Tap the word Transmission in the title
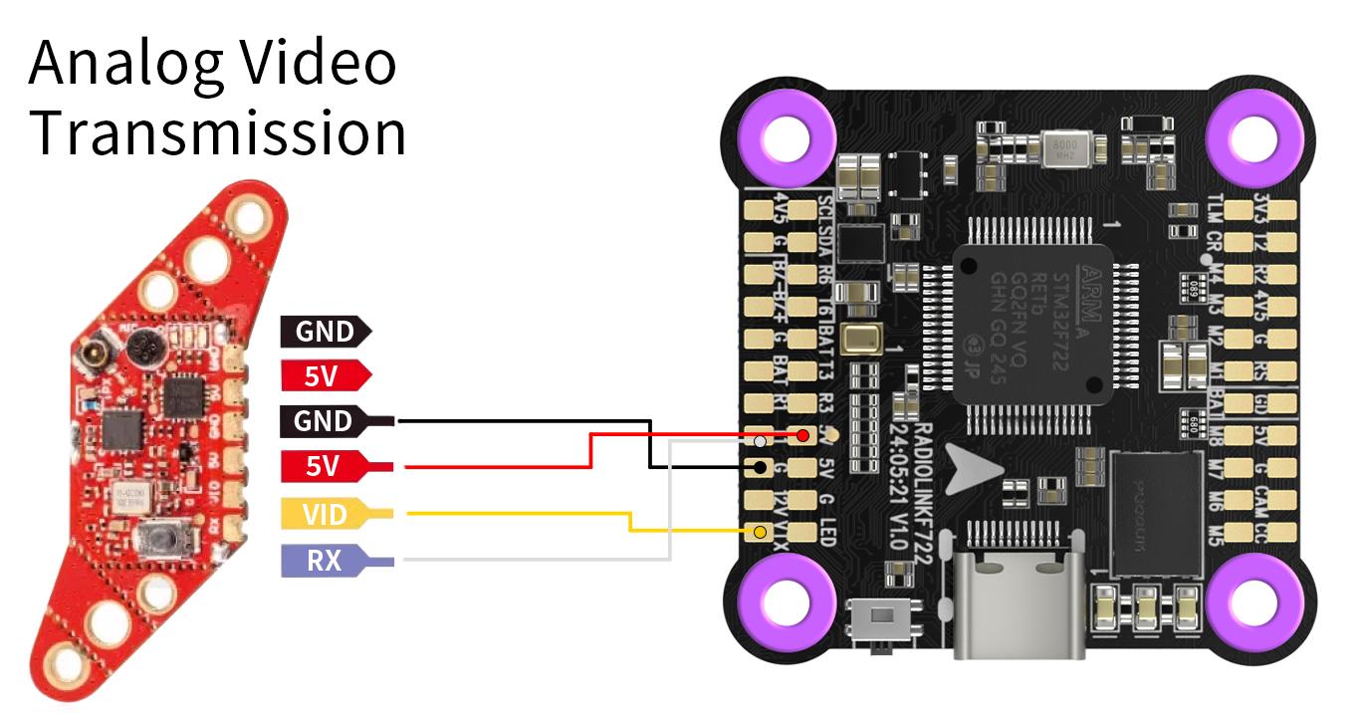click(x=217, y=133)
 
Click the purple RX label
click(x=325, y=561)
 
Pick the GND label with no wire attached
click(x=325, y=332)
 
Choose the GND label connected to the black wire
click(x=325, y=421)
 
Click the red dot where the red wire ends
click(x=802, y=435)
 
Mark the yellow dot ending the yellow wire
click(x=761, y=532)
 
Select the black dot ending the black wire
click(x=761, y=466)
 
